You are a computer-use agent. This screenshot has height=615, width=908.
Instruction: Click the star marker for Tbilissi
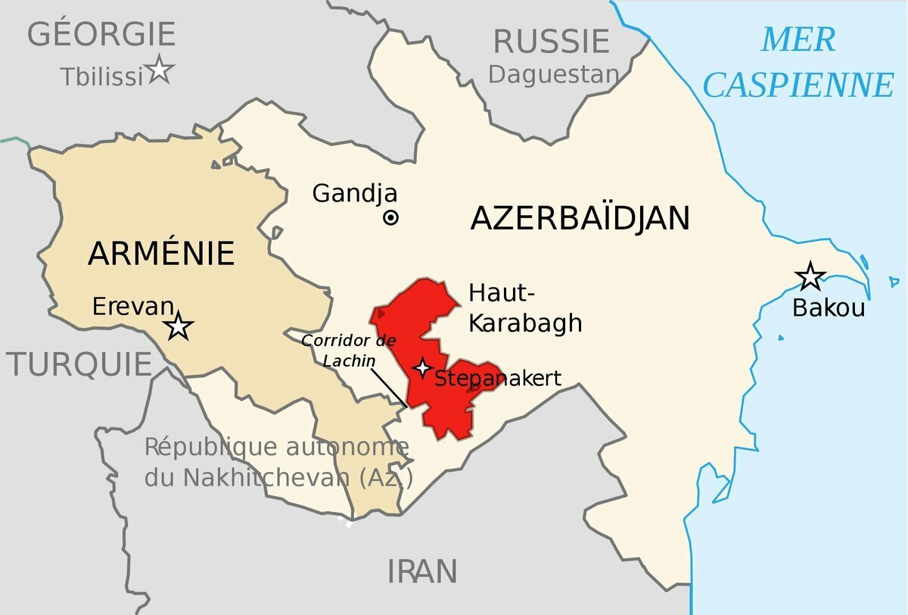[160, 70]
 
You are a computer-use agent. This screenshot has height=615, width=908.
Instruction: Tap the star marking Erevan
[179, 326]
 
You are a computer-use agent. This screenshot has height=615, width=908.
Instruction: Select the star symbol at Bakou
[810, 276]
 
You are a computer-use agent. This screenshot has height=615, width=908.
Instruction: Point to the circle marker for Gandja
[390, 218]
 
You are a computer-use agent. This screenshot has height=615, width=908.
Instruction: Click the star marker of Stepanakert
[422, 368]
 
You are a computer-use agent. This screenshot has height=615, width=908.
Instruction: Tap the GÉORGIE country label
[101, 35]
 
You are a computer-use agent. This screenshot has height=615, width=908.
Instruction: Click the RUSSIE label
[551, 41]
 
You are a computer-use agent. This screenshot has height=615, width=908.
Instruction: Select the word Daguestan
[553, 74]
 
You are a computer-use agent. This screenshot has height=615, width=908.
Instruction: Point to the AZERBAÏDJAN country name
[580, 219]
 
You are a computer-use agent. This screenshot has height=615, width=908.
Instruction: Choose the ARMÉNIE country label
[161, 253]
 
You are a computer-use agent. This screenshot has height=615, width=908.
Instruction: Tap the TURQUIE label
[80, 364]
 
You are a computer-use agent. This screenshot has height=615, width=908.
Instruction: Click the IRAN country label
[422, 571]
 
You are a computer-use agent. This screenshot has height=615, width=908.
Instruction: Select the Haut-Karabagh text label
[525, 307]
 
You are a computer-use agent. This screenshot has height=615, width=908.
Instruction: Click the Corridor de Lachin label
[338, 350]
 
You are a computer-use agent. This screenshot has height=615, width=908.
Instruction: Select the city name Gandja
[354, 193]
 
